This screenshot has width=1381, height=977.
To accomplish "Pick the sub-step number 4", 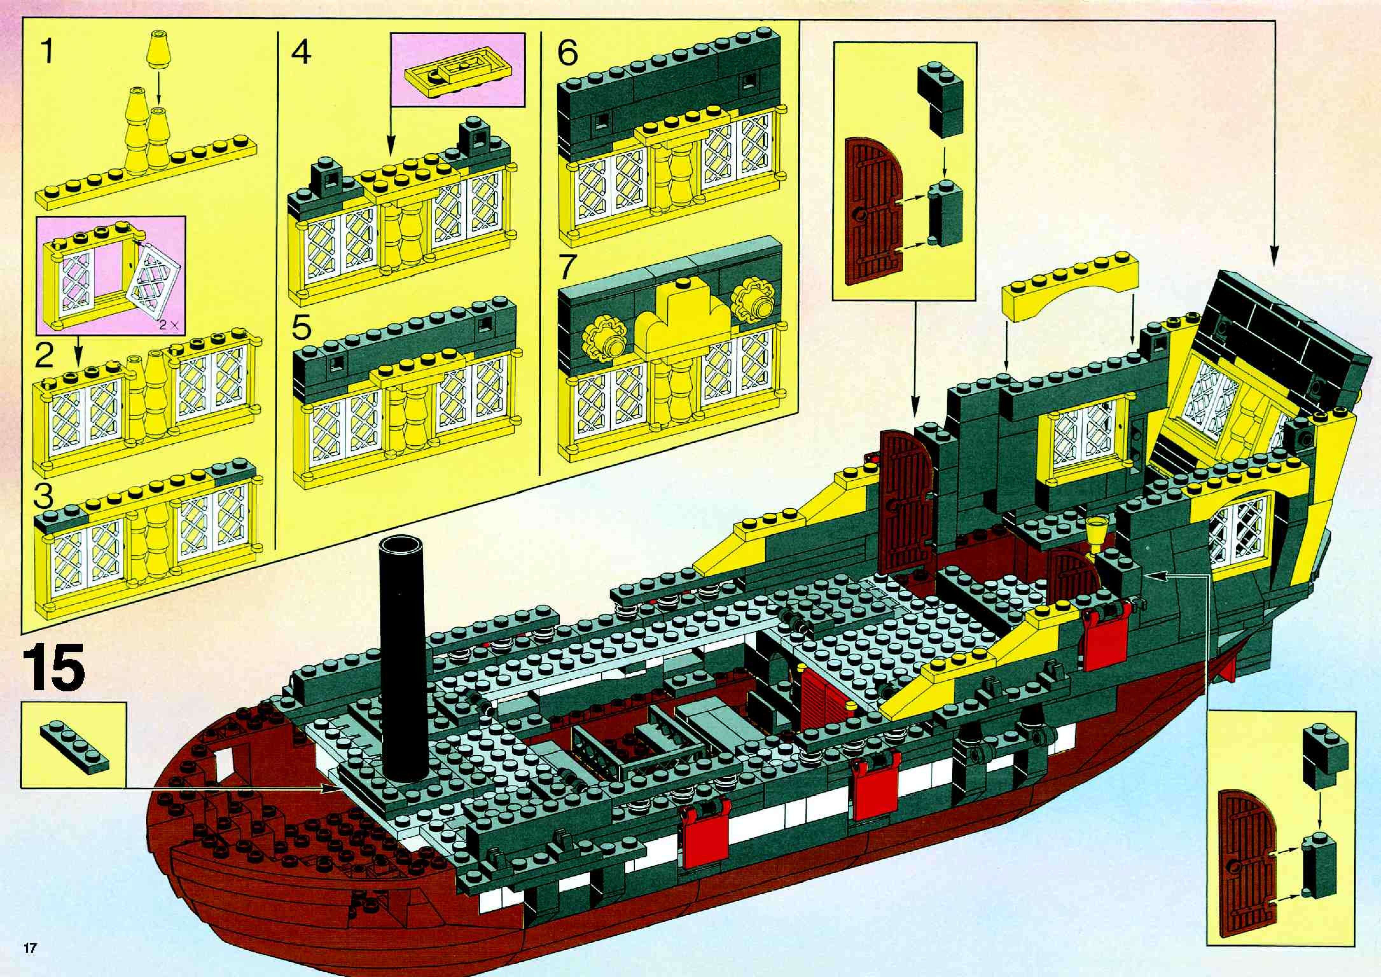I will (x=301, y=53).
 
